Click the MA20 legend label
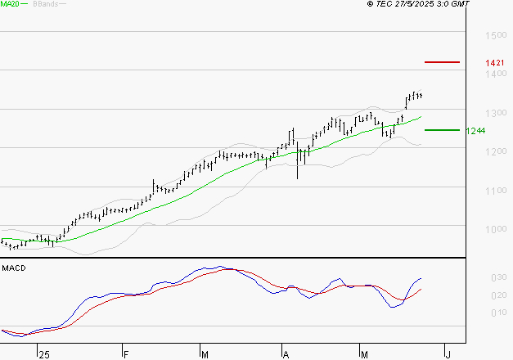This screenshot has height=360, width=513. coord(11,4)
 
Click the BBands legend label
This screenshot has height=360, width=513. coord(46,4)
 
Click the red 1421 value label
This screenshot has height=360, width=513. coord(493,63)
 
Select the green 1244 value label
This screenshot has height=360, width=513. coord(475,131)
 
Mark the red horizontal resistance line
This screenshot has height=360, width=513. coord(442,62)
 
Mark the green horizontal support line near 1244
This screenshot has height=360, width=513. coord(442,129)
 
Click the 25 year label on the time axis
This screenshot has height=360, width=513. coord(44,354)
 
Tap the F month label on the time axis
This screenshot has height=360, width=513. coord(125,354)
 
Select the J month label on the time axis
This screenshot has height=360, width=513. coord(448,354)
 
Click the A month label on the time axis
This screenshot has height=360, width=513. coord(286,354)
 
